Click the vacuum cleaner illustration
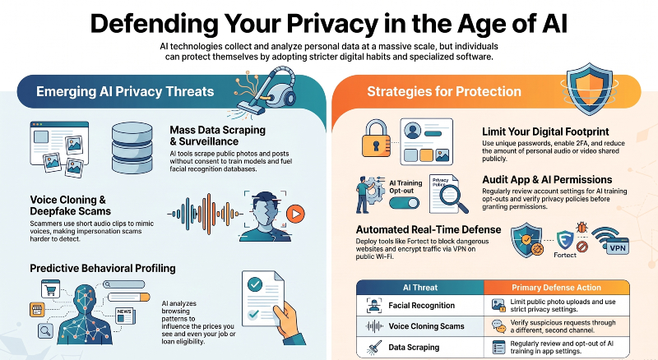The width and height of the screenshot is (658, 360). (x=269, y=91)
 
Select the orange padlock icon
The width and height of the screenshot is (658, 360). (x=376, y=138)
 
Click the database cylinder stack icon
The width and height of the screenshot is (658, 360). (x=132, y=148)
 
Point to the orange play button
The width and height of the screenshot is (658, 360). (x=295, y=214)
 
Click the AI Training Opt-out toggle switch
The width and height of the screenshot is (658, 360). (x=404, y=204)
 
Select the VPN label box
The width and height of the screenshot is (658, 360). (x=618, y=248)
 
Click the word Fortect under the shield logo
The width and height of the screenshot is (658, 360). (x=565, y=255)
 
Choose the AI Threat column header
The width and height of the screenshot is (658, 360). (x=420, y=288)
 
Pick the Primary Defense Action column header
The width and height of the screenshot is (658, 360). (x=557, y=288)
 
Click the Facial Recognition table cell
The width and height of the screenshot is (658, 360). (x=420, y=306)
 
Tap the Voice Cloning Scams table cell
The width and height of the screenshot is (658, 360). (x=420, y=326)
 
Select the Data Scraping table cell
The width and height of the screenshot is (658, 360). (x=420, y=347)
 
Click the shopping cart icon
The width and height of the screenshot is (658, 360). (x=50, y=289)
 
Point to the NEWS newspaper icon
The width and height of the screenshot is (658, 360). (x=126, y=316)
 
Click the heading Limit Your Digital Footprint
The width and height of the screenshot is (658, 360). (x=545, y=132)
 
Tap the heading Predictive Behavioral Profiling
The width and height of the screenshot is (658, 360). (x=103, y=268)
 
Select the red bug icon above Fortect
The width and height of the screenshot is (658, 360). (x=582, y=228)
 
